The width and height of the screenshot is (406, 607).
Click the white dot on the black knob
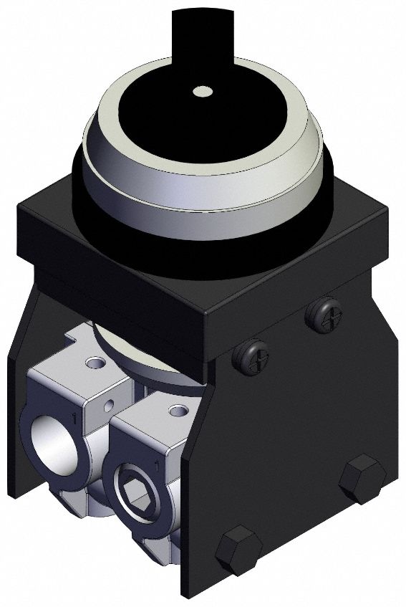click(203, 92)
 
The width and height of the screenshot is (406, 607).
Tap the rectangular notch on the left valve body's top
click(73, 333)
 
